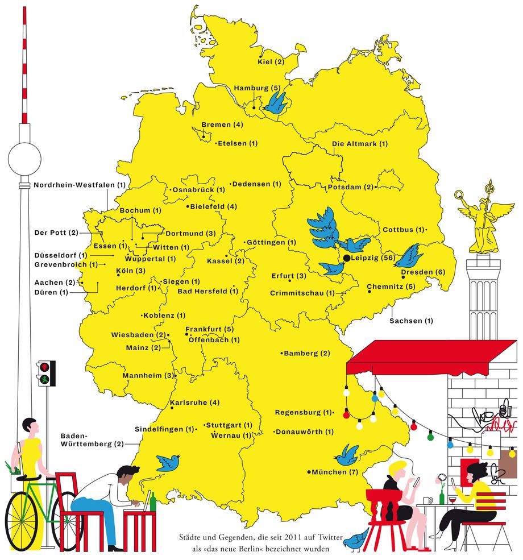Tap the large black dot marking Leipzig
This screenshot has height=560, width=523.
(347, 258)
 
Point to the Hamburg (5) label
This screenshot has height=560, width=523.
(258, 88)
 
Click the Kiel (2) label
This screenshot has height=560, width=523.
(271, 62)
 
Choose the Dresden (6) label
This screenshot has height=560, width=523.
(423, 272)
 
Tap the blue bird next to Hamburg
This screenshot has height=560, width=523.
(276, 103)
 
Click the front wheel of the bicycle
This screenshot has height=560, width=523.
(23, 521)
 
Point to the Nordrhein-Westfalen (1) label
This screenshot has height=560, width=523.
(80, 185)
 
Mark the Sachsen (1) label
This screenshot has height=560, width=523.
(411, 321)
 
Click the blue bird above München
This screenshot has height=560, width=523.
(346, 454)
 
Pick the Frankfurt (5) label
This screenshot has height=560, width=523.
(209, 329)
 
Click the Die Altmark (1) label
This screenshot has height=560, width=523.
(360, 144)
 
